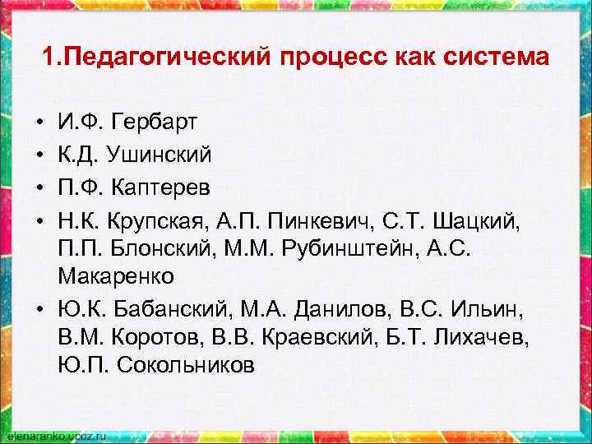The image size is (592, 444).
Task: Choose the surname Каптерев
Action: coord(165,185)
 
